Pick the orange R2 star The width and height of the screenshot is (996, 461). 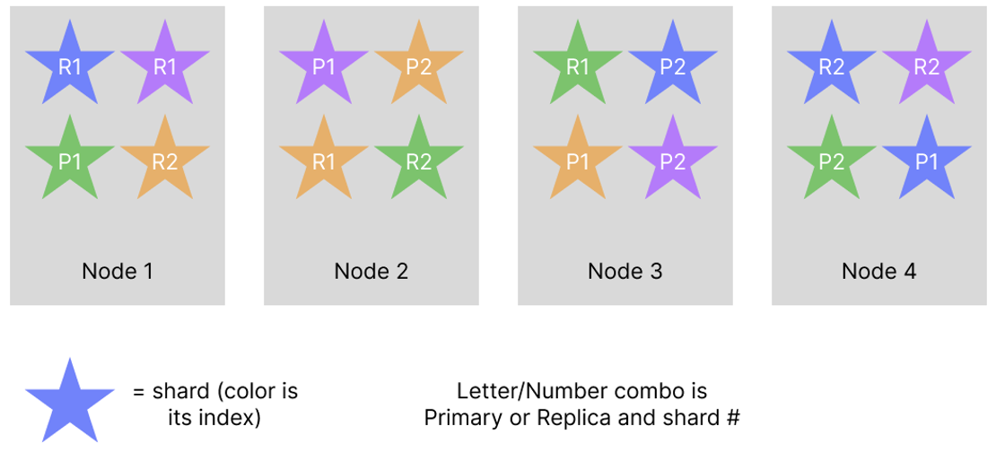(x=165, y=161)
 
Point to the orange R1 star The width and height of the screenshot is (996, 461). (x=324, y=161)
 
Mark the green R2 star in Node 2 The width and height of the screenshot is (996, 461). (x=419, y=161)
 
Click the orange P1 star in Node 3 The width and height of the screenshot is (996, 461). (x=578, y=161)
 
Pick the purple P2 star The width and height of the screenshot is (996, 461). (x=673, y=161)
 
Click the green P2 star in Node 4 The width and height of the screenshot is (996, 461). (x=832, y=161)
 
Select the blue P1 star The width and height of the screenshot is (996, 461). (x=927, y=161)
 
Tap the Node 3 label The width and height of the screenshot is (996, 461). (x=625, y=271)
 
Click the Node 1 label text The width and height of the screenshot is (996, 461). (x=117, y=271)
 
